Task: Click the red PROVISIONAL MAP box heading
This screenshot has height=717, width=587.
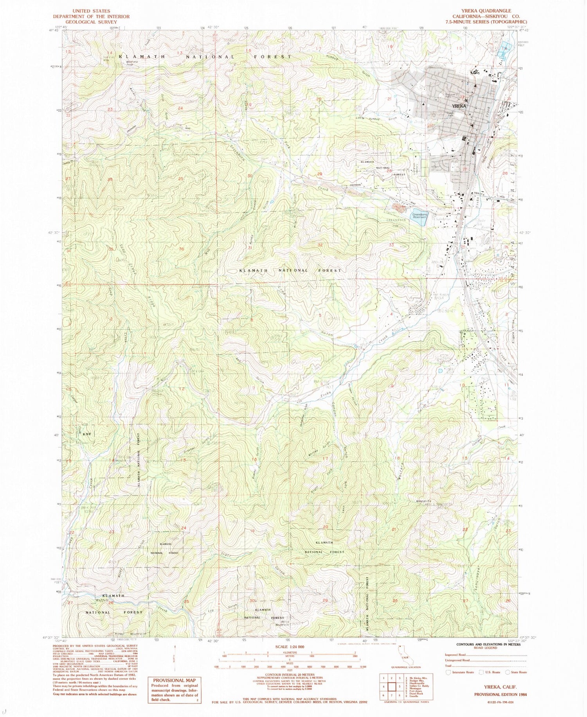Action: (x=171, y=680)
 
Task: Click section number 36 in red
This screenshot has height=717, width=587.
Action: (x=181, y=250)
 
